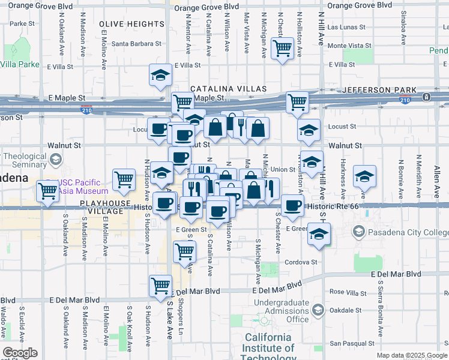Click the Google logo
20,353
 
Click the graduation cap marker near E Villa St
160,74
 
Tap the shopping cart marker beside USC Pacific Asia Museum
48,191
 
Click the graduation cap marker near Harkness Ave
364,176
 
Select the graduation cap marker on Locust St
309,130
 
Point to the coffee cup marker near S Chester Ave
292,205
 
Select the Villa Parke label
20,64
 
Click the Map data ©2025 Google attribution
411,355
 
